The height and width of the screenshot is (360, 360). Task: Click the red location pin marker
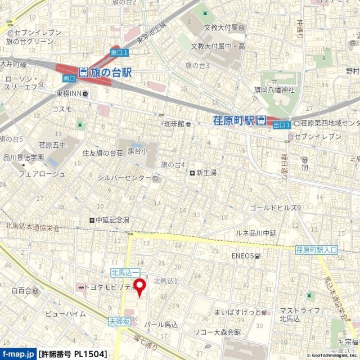pyautogui.click(x=139, y=286)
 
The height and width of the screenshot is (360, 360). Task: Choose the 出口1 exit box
pyautogui.click(x=281, y=125)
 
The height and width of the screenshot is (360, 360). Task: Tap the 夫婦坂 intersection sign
pyautogui.click(x=119, y=321)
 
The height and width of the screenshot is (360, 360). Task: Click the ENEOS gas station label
pyautogui.click(x=243, y=256)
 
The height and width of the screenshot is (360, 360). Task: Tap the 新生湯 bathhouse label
pyautogui.click(x=206, y=173)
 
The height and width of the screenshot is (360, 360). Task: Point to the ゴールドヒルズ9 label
pyautogui.click(x=276, y=208)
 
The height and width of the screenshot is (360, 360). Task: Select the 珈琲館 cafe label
pyautogui.click(x=174, y=124)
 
